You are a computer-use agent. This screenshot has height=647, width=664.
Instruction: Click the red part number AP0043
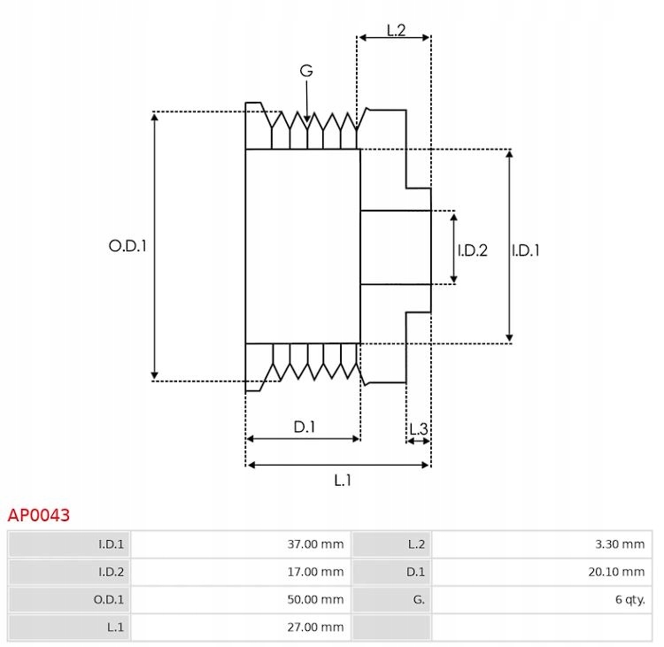pyautogui.click(x=39, y=515)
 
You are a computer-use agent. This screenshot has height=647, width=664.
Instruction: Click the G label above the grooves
pyautogui.click(x=306, y=70)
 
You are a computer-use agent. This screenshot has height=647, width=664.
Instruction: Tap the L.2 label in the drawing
pyautogui.click(x=397, y=30)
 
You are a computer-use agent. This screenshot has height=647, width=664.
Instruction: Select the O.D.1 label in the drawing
pyautogui.click(x=127, y=245)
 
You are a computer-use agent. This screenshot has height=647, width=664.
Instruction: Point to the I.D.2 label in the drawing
pyautogui.click(x=473, y=250)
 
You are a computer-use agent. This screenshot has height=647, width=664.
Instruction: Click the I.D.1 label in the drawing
pyautogui.click(x=526, y=250)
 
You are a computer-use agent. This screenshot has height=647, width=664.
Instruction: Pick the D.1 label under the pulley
pyautogui.click(x=305, y=427)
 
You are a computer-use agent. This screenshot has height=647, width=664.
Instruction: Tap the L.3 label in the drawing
pyautogui.click(x=419, y=429)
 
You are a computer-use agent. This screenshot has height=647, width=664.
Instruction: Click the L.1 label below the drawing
pyautogui.click(x=343, y=481)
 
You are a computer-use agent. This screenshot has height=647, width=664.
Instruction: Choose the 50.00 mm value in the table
pyautogui.click(x=315, y=599)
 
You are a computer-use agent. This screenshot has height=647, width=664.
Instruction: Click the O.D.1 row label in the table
pyautogui.click(x=109, y=599)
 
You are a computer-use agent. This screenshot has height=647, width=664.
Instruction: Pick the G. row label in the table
pyautogui.click(x=419, y=599)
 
